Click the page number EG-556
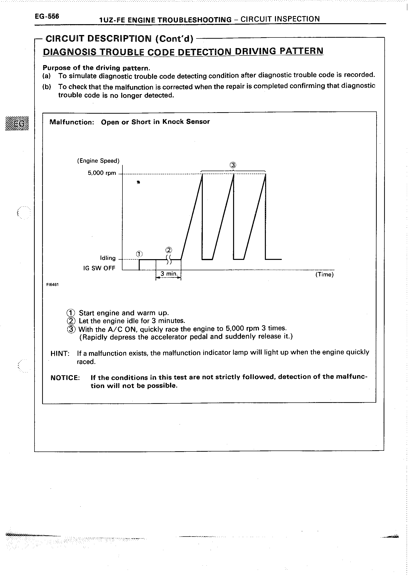(x=47, y=17)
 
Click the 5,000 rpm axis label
(x=102, y=173)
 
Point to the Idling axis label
(x=108, y=258)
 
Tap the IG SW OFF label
(x=99, y=268)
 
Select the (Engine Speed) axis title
(x=98, y=161)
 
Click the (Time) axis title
(x=325, y=274)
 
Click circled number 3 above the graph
(x=233, y=165)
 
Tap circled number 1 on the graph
(x=139, y=254)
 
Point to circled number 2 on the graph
(x=169, y=250)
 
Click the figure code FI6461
(x=52, y=285)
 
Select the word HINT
(x=60, y=353)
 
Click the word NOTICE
(x=65, y=378)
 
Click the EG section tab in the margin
(x=17, y=123)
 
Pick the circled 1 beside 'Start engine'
(x=71, y=313)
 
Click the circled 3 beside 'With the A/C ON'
(x=71, y=329)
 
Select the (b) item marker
(x=47, y=87)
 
